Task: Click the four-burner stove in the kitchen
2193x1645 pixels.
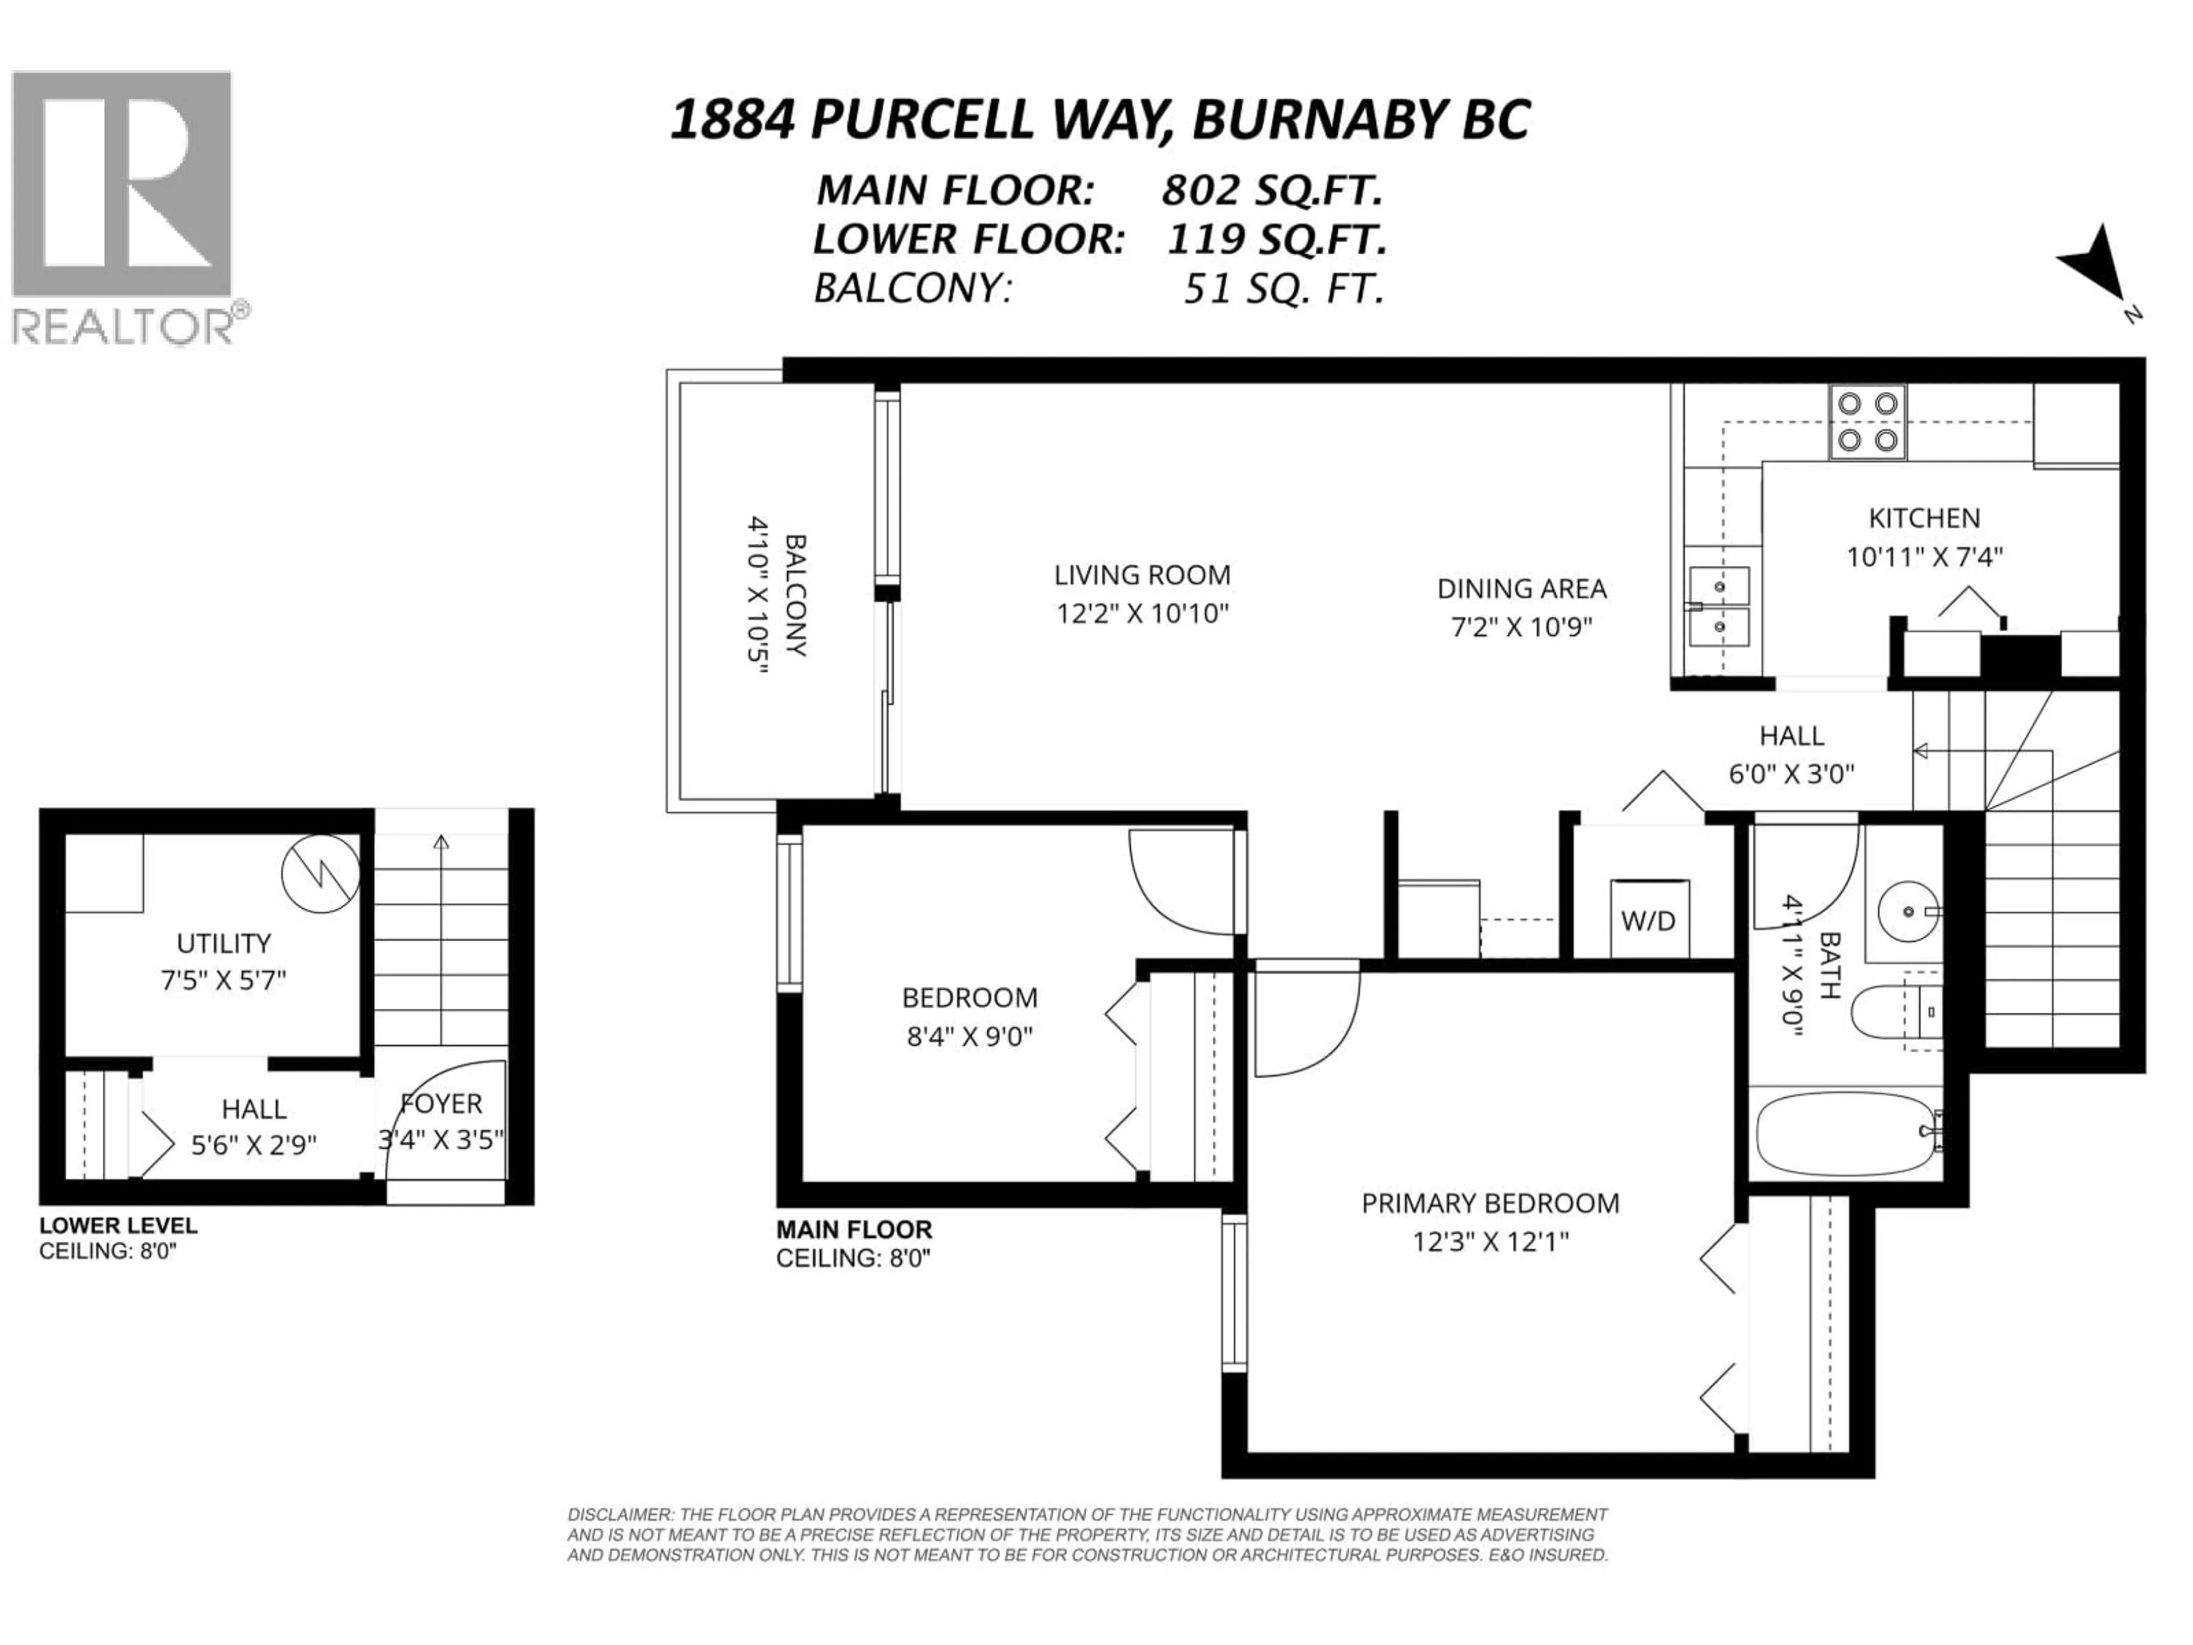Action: point(1867,422)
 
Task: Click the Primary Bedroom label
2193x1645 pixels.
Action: point(1490,1203)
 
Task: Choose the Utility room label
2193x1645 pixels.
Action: point(223,943)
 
